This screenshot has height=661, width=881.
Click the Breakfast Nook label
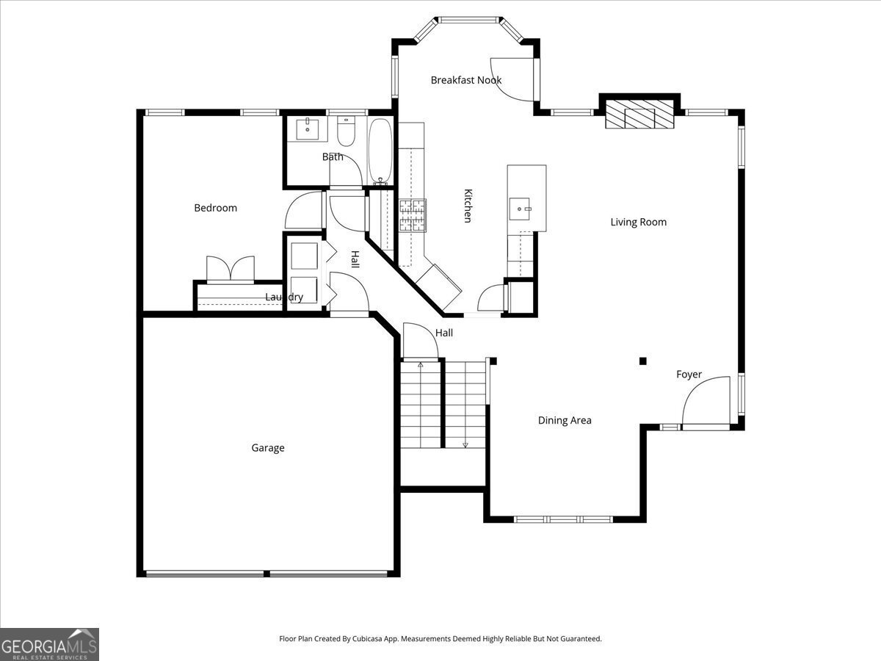pyautogui.click(x=466, y=80)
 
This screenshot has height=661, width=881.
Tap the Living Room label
pyautogui.click(x=638, y=222)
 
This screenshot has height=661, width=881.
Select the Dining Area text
pyautogui.click(x=565, y=421)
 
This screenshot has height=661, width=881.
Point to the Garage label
pyautogui.click(x=268, y=448)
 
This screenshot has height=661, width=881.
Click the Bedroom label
pyautogui.click(x=216, y=208)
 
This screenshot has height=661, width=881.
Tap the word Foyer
pyautogui.click(x=689, y=375)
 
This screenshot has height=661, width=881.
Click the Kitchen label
pyautogui.click(x=468, y=206)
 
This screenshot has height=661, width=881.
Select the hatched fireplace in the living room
pyautogui.click(x=639, y=114)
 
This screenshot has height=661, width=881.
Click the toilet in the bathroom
pyautogui.click(x=346, y=131)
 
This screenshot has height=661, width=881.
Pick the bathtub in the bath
pyautogui.click(x=380, y=151)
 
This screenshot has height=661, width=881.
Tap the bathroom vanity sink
pyautogui.click(x=307, y=129)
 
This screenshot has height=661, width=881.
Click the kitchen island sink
pyautogui.click(x=519, y=209)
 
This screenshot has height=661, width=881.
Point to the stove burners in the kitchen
pyautogui.click(x=412, y=215)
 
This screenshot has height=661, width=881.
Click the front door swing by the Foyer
pyautogui.click(x=706, y=400)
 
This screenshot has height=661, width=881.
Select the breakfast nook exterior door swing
pyautogui.click(x=512, y=79)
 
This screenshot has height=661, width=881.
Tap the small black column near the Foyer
pyautogui.click(x=642, y=361)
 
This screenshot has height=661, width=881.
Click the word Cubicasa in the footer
pyautogui.click(x=368, y=638)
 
